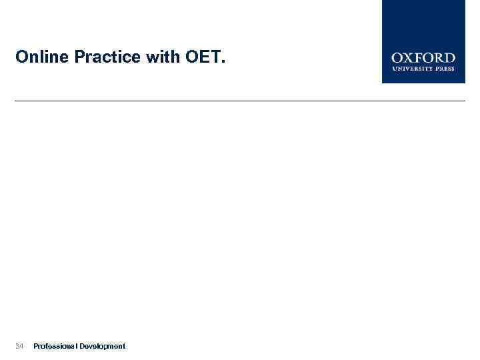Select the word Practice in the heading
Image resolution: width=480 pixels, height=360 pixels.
click(107, 58)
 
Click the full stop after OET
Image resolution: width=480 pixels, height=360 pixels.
click(223, 63)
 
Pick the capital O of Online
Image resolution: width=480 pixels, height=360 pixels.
click(21, 58)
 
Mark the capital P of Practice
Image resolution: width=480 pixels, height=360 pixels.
click(79, 58)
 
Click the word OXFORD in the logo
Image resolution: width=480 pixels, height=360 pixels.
click(423, 59)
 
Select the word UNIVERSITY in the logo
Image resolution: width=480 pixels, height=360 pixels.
click(411, 68)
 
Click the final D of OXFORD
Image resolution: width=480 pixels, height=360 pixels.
click(449, 59)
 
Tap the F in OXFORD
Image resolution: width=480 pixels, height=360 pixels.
click(418, 59)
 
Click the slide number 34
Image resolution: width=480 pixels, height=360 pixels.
click(19, 346)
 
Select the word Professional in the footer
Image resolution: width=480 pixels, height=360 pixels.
click(55, 346)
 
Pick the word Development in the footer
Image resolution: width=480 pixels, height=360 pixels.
click(102, 346)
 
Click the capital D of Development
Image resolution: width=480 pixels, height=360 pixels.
click(82, 346)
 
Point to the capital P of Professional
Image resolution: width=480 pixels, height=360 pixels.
click(35, 346)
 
